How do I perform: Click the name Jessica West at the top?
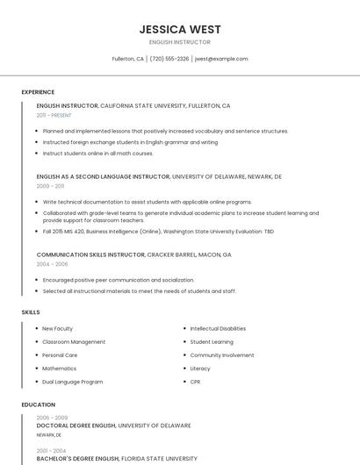point(180,29)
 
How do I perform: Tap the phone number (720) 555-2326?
point(169,59)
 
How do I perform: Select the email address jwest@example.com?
point(221,59)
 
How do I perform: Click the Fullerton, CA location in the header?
point(128,59)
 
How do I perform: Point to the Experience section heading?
point(38,91)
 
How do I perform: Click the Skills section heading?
point(31,311)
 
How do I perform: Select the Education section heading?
point(38,404)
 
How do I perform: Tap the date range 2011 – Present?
point(54,115)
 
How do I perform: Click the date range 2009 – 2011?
point(50,186)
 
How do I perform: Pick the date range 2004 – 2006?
point(51,263)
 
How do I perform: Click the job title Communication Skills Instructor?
point(90,254)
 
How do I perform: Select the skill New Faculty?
point(57,328)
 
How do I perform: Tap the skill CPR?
point(196,382)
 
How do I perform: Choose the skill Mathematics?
point(59,368)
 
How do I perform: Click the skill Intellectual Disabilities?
point(218,328)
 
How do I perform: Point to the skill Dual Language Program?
point(72,382)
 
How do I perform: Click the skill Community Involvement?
point(222,355)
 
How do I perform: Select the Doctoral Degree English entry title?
point(76,426)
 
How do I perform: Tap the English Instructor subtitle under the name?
point(180,42)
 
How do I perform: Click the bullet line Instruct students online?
point(97,154)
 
